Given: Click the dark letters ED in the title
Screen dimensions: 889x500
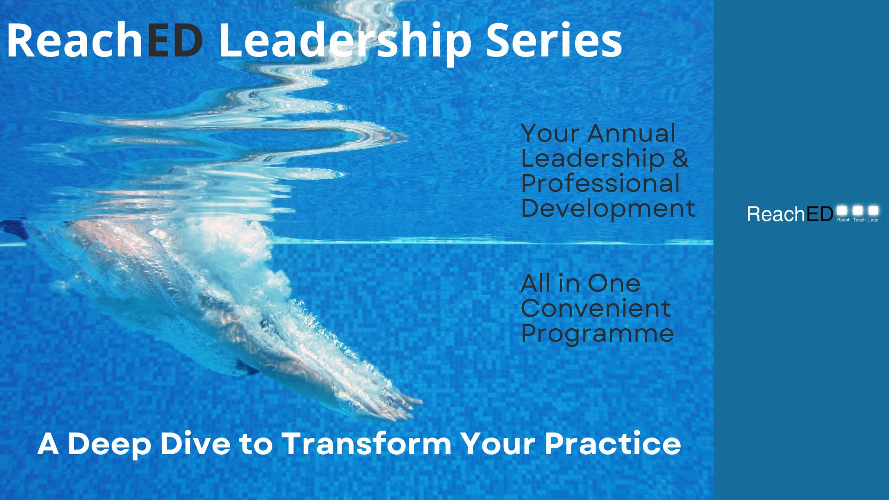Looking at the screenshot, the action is point(175,40).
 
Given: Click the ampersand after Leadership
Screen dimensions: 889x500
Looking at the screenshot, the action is point(680,158).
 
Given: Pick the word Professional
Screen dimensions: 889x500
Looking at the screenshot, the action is point(600,183).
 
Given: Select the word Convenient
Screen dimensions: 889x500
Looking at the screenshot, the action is point(596,308).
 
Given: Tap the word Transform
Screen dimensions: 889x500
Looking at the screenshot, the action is point(366,443).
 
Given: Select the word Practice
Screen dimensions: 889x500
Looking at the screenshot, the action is point(613,443).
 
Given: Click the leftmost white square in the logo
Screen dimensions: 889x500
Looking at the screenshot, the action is point(842,211).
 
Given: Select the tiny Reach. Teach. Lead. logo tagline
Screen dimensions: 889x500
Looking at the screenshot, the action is point(858,220).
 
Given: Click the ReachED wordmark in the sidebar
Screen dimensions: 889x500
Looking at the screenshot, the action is point(790,214).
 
